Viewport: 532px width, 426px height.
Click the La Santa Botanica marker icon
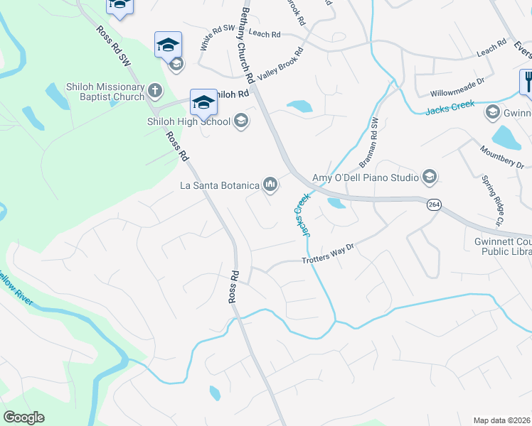(270, 185)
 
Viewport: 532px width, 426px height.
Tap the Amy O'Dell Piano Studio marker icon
(429, 176)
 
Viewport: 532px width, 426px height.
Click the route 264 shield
(432, 204)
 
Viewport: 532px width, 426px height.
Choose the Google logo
(23, 417)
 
